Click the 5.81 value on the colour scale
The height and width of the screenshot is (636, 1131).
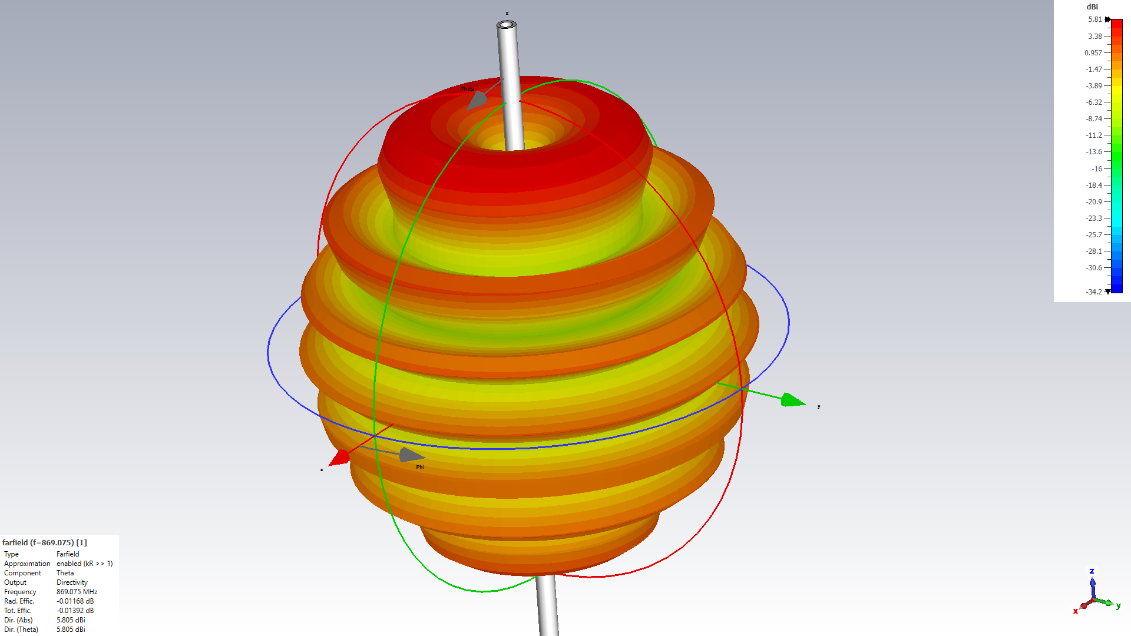coord(1094,19)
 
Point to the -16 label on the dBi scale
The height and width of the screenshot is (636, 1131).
coord(1097,169)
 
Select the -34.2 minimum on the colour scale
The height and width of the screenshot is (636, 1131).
coord(1094,292)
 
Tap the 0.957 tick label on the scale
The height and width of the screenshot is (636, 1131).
coord(1093,53)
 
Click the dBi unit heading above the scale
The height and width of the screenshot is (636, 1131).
coord(1092,7)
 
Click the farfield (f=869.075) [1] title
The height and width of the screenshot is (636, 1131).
coord(45,543)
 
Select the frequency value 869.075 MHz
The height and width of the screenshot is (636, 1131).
coord(77,592)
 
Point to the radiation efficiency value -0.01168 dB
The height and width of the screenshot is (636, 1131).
coord(75,601)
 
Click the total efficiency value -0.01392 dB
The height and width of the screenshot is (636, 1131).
coord(75,611)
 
